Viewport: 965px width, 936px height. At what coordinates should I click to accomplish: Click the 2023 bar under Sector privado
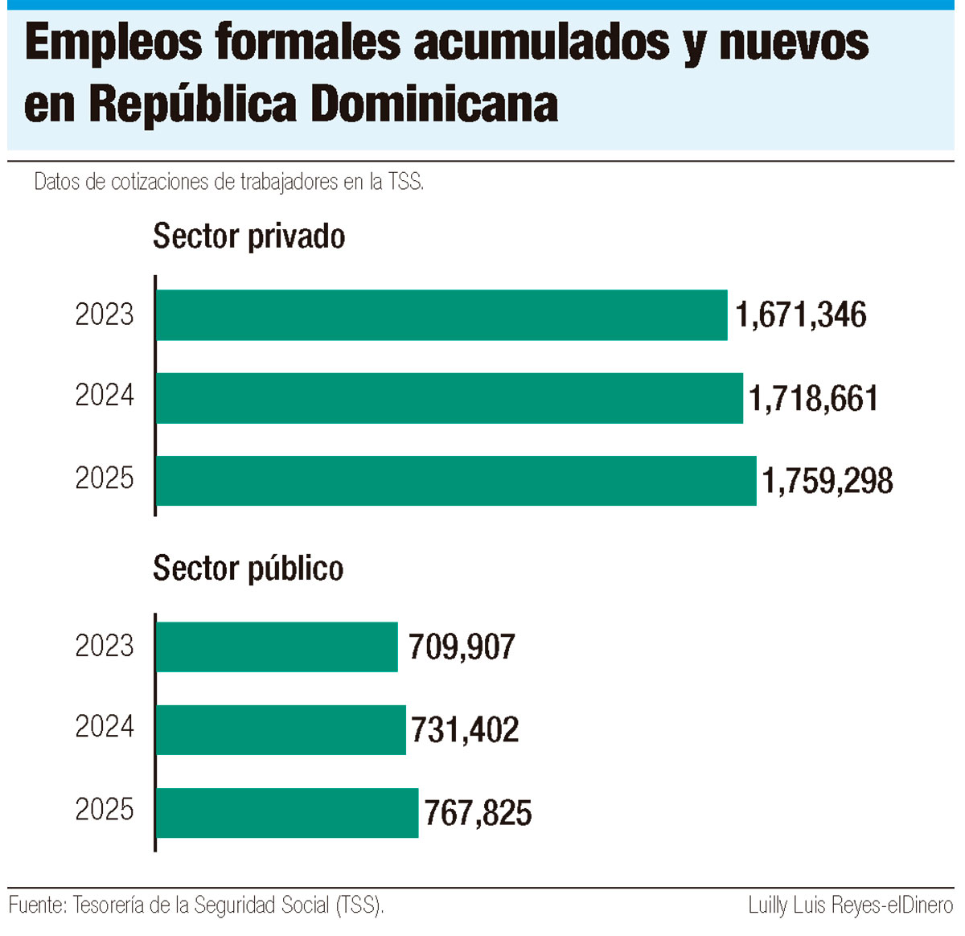pos(441,315)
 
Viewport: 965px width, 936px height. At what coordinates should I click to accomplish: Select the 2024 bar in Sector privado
pos(450,398)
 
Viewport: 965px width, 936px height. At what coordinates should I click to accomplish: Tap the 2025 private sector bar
pos(456,481)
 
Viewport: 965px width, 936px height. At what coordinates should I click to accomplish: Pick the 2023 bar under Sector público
pos(277,647)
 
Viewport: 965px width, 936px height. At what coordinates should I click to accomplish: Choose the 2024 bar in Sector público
pos(281,729)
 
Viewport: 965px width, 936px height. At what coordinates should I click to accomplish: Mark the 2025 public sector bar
pos(287,813)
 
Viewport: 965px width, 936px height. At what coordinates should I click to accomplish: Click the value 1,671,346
pos(801,315)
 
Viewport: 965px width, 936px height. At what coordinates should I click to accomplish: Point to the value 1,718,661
pos(813,399)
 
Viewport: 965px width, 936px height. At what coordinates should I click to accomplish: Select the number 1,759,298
pos(827,482)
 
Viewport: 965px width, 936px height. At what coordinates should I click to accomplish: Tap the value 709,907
pos(462,647)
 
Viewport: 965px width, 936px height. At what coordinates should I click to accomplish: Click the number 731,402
pos(465,730)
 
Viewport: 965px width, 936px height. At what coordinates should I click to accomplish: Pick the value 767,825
pos(478,814)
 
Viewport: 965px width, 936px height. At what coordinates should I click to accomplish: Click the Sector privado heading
pos(248,236)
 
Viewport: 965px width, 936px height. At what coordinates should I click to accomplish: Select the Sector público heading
pos(248,569)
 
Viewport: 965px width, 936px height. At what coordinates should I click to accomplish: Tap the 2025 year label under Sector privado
pos(105,478)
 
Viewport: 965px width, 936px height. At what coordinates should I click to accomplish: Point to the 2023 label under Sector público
pos(105,646)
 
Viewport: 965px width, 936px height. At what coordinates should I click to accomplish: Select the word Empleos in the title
pos(113,42)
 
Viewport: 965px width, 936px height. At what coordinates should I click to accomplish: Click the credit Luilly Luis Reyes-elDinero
pos(850,905)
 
